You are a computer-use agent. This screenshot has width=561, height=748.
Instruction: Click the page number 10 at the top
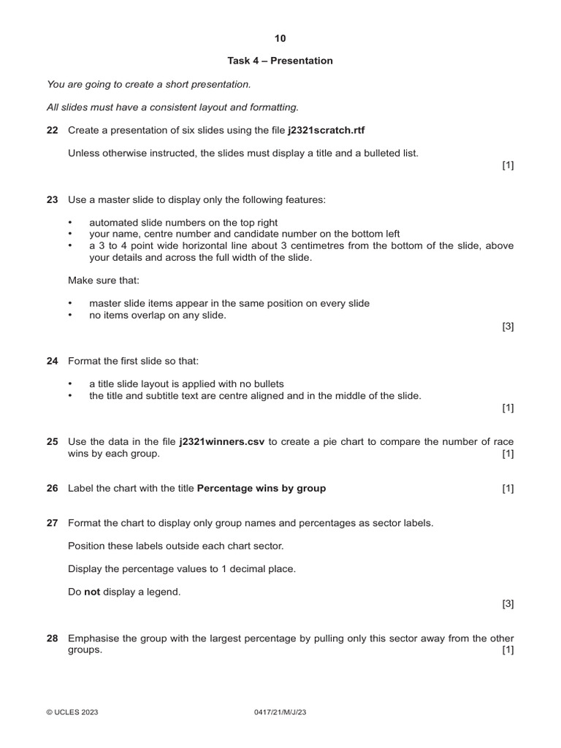(280, 38)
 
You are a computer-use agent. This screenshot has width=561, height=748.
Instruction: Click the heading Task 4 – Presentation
(280, 61)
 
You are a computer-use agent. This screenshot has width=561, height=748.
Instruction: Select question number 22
(52, 130)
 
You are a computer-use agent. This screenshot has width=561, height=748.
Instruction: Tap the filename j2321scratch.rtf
(326, 130)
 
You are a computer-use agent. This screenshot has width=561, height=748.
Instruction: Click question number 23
(52, 199)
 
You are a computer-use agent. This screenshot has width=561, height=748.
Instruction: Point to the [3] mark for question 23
(508, 327)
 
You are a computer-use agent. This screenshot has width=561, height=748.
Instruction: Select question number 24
(52, 361)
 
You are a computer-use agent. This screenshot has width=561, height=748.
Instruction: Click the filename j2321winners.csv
(222, 442)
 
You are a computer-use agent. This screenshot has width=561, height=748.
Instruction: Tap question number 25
(52, 442)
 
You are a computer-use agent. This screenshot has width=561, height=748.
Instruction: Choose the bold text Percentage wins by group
(262, 488)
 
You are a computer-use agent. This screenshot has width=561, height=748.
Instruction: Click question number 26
(52, 488)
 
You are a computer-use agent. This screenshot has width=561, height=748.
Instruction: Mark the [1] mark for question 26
(508, 488)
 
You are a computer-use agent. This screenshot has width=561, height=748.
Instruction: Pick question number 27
(52, 523)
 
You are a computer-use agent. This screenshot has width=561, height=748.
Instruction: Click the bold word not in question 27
(92, 592)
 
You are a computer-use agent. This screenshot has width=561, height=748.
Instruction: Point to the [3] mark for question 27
(508, 603)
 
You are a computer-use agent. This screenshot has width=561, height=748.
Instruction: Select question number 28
(52, 638)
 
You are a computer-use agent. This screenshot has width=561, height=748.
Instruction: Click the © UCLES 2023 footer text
(72, 712)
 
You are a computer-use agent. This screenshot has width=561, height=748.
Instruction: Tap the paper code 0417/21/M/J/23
(280, 712)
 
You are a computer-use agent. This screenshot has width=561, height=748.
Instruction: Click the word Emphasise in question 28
(93, 638)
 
